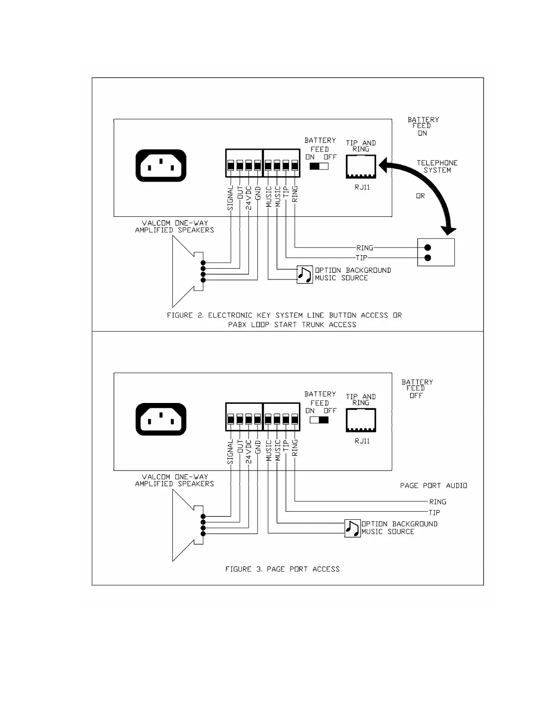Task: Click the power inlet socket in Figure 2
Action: click(x=161, y=165)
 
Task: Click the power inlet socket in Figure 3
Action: click(x=161, y=419)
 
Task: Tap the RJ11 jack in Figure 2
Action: click(x=361, y=167)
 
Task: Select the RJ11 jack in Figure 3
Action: click(x=361, y=421)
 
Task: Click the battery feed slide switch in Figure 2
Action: click(x=319, y=166)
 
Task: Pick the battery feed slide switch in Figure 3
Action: click(x=319, y=420)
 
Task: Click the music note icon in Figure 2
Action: click(x=305, y=275)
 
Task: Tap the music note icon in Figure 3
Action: click(x=352, y=528)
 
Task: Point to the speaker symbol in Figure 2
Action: click(x=185, y=272)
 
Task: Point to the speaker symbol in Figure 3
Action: click(x=185, y=526)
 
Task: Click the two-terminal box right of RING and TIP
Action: click(x=436, y=252)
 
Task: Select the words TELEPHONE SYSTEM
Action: click(x=437, y=166)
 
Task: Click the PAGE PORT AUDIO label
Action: click(x=434, y=485)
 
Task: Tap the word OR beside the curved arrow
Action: click(x=420, y=196)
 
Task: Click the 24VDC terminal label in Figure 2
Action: click(x=249, y=198)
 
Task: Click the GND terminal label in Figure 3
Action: click(x=258, y=447)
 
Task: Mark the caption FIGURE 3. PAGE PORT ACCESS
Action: click(x=282, y=569)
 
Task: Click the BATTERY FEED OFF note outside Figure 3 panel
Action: click(x=417, y=389)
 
